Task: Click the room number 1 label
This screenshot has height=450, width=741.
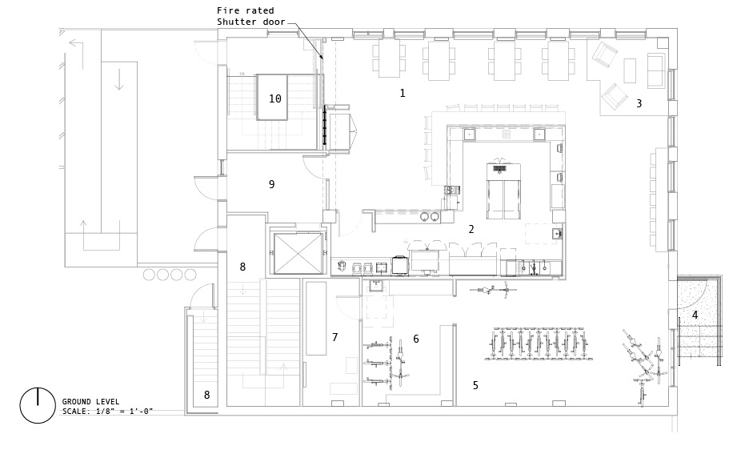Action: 403,93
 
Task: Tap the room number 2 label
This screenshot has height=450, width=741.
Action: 471,229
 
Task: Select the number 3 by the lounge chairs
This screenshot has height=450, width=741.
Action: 639,103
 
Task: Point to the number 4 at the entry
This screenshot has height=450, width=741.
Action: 695,315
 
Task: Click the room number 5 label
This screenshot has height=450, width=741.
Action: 475,385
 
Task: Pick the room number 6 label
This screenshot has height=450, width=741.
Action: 416,339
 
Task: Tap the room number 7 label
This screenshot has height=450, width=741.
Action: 335,337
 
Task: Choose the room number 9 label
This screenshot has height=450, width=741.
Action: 272,184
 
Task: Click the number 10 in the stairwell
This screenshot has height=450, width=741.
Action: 275,98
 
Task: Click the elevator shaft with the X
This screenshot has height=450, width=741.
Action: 297,253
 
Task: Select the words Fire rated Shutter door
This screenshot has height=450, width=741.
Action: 251,16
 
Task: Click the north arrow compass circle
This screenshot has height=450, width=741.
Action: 38,405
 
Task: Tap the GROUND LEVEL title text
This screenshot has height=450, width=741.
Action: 90,402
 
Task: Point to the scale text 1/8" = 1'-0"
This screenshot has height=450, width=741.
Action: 124,412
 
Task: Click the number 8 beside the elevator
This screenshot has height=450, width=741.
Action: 242,267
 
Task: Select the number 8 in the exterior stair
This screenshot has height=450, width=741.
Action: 206,395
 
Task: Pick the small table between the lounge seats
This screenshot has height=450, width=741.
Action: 630,70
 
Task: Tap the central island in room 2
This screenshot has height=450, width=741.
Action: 504,191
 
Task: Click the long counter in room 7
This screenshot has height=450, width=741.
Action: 315,319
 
